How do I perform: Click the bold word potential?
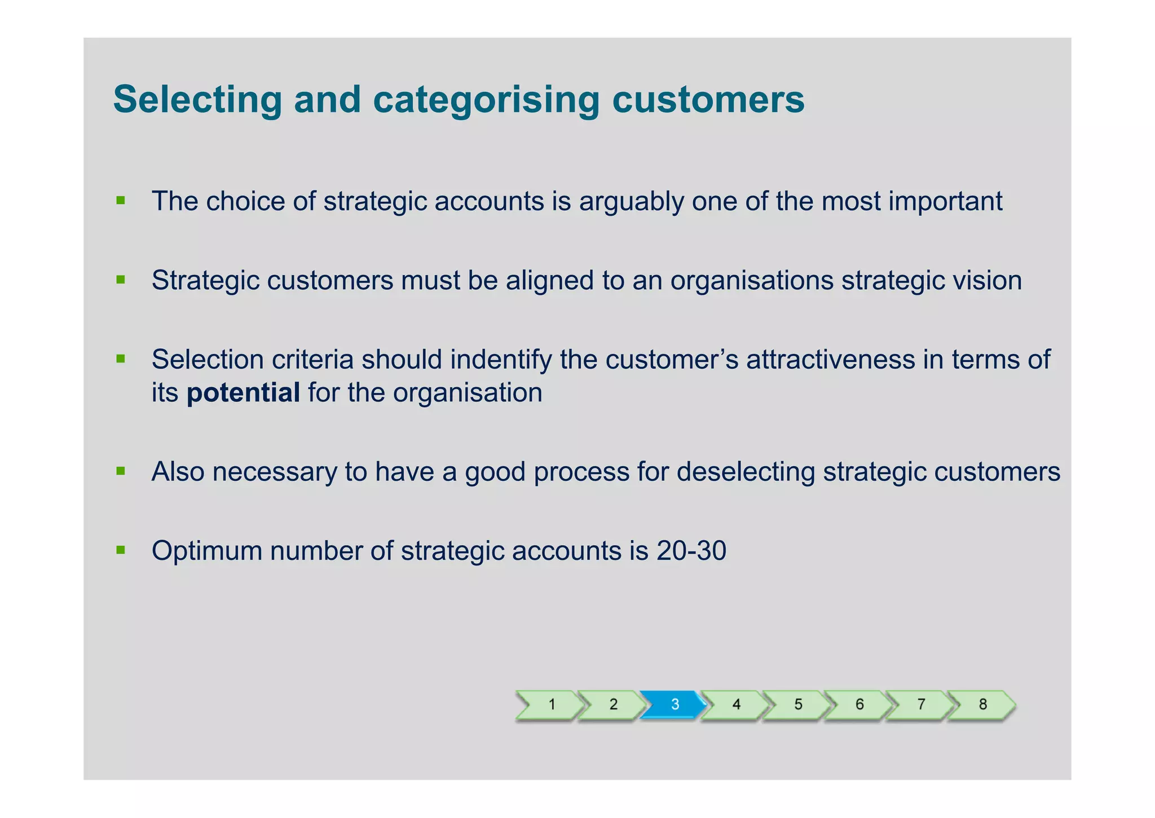[243, 393]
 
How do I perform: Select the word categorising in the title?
[486, 100]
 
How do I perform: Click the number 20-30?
[691, 551]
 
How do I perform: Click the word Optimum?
[207, 551]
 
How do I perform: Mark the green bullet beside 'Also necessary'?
[120, 471]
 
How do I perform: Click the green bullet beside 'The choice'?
[120, 200]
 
